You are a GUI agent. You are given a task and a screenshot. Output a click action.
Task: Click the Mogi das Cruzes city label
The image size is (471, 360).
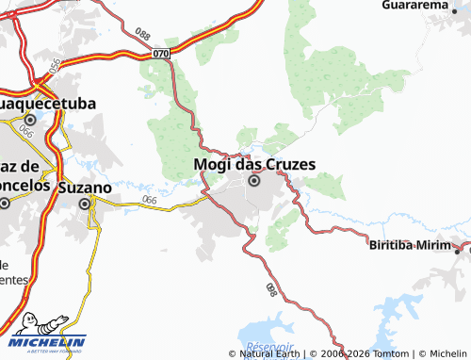click(x=253, y=164)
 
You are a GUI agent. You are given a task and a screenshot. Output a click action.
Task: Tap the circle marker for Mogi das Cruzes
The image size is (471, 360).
click(x=253, y=181)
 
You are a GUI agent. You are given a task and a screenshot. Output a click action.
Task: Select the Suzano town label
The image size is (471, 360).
click(x=84, y=187)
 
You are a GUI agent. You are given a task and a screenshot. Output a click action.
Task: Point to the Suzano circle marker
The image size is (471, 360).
click(x=85, y=203)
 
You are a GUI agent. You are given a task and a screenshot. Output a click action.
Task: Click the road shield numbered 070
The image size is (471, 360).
click(x=161, y=53)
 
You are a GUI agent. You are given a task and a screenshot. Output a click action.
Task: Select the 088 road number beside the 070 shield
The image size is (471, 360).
click(x=143, y=35)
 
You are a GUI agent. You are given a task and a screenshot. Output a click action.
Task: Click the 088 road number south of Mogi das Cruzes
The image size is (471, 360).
click(x=271, y=288)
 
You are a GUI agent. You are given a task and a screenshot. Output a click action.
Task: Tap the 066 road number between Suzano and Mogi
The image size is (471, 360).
click(x=150, y=201)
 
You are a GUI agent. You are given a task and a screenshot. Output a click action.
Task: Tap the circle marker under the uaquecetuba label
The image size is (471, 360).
click(x=30, y=121)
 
